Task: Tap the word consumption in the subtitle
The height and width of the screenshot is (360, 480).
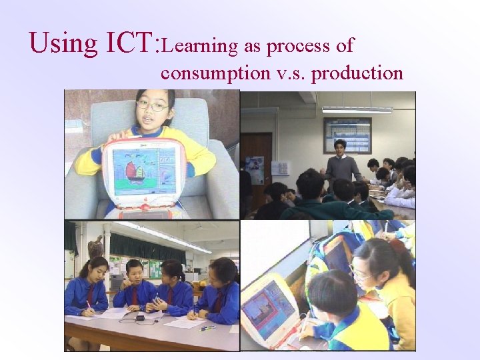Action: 213,73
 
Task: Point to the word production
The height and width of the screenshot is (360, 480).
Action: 357,73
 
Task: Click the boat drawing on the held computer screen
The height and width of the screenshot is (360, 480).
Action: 137,172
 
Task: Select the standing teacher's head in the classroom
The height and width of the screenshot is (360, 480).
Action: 340,148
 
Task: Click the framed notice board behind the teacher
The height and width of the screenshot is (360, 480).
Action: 347,135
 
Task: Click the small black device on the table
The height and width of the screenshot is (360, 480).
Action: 139,318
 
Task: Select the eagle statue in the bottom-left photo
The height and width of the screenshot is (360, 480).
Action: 95,247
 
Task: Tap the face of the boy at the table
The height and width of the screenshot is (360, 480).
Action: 135,274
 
